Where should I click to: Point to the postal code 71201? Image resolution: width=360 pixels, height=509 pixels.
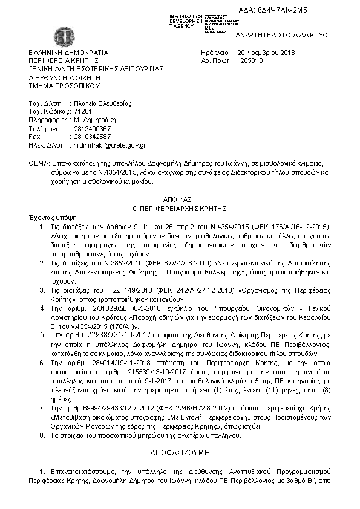point(82,112)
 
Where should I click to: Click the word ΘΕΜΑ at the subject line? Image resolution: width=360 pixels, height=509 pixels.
point(39,164)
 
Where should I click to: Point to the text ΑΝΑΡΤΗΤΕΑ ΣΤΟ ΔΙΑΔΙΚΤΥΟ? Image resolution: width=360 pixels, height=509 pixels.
point(282,35)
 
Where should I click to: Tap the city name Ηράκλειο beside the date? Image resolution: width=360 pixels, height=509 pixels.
point(214,53)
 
